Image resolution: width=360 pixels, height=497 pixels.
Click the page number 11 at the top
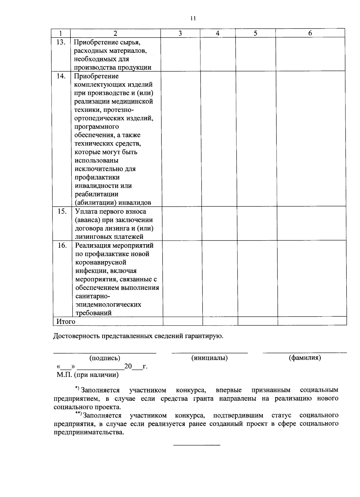[193, 18]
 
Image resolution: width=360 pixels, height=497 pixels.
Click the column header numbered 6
[310, 33]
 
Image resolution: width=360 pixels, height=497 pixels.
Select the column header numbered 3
[180, 33]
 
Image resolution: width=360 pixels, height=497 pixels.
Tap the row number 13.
[61, 42]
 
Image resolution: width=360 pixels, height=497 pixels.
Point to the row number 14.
[61, 76]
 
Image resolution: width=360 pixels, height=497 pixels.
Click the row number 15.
[62, 211]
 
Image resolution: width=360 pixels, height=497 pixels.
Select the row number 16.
[62, 245]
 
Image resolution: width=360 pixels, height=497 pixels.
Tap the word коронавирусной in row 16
[100, 262]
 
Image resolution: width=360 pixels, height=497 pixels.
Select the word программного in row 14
[97, 127]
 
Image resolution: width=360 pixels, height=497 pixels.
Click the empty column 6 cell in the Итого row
[312, 321]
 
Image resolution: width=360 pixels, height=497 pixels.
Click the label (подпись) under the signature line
[105, 358]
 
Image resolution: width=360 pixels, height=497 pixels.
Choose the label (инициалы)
[209, 358]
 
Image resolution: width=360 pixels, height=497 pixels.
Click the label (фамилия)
[304, 358]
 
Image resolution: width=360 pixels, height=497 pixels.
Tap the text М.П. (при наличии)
[88, 375]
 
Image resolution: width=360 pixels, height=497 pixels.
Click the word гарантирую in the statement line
[204, 336]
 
